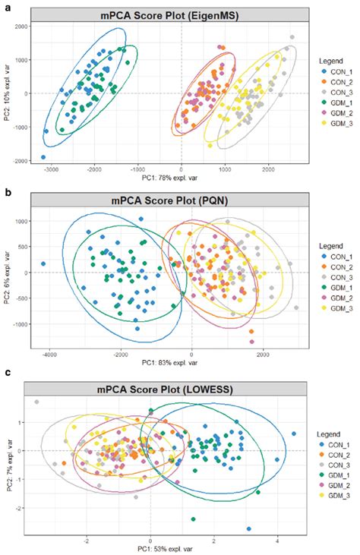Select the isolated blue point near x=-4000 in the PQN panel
(x=43, y=264)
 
